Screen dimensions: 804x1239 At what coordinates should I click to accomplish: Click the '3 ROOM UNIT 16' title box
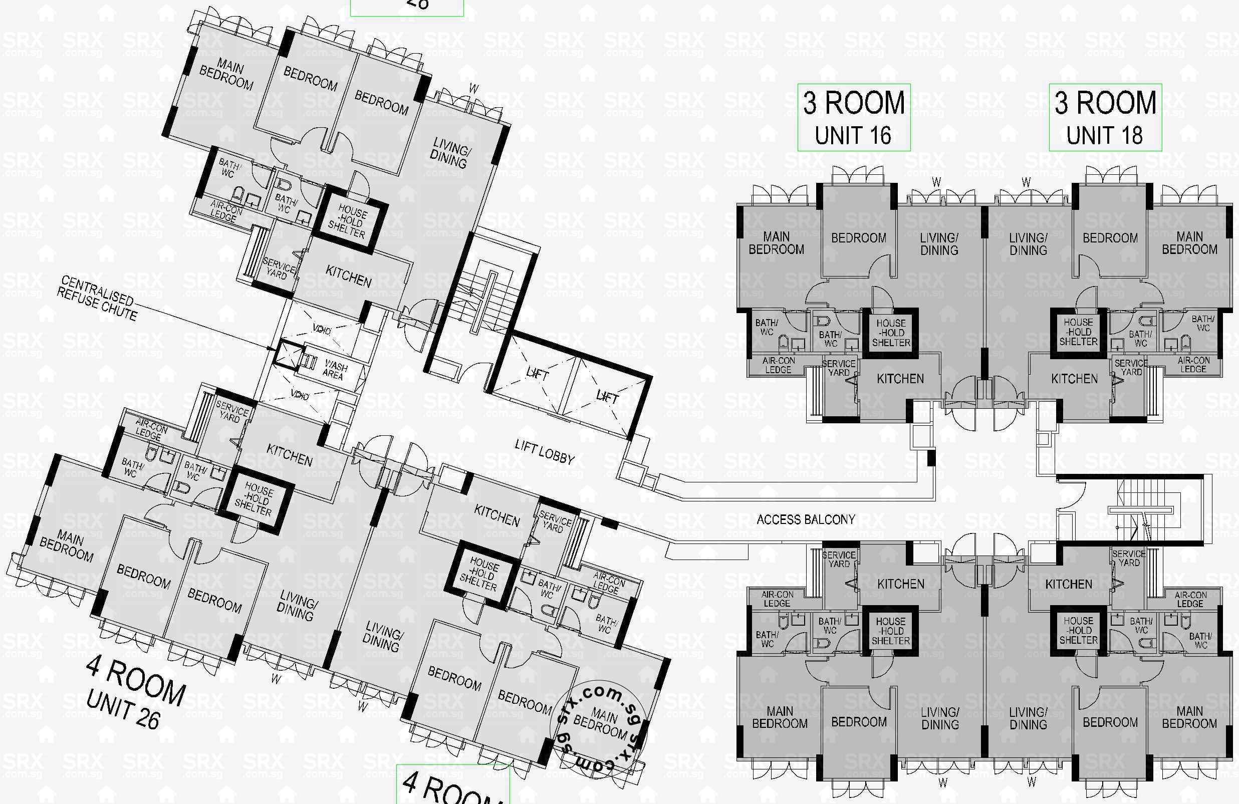[x=854, y=118]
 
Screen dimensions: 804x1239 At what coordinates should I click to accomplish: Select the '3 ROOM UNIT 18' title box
[x=1105, y=118]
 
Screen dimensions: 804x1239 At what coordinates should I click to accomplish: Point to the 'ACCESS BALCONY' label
[x=805, y=519]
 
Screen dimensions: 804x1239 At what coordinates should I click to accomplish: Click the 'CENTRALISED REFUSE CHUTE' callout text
[x=97, y=298]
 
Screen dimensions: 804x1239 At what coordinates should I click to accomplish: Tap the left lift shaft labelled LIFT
[x=537, y=373]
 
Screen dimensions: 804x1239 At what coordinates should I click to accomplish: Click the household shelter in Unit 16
[x=891, y=333]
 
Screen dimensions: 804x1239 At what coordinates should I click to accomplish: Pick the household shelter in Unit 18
[x=1078, y=332]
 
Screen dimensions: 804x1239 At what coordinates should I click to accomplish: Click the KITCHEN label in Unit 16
[x=900, y=379]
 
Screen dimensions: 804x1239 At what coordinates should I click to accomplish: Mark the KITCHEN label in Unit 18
[x=1074, y=379]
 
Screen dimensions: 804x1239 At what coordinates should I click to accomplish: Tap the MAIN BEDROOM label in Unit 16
[x=776, y=243]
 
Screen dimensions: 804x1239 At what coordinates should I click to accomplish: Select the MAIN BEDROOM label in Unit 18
[x=1189, y=243]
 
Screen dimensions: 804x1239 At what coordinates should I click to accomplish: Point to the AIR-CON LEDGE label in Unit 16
[x=778, y=365]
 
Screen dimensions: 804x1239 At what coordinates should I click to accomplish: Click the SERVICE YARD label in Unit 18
[x=1131, y=367]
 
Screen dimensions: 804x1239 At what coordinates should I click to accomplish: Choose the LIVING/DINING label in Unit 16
[x=939, y=244]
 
